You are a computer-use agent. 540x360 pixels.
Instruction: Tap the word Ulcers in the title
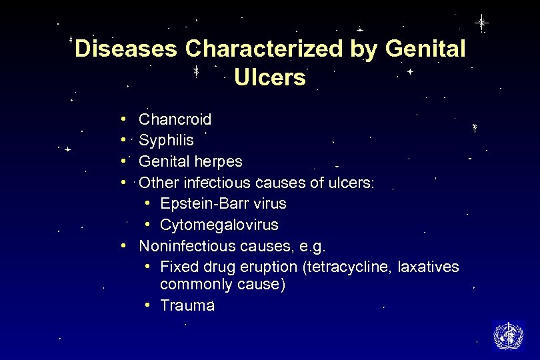click(270, 78)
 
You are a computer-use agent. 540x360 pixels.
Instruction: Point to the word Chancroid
click(175, 120)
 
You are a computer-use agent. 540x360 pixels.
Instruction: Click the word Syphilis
click(166, 141)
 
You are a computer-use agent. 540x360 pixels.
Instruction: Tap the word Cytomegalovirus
click(219, 225)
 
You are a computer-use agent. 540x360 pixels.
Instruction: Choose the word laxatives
click(428, 267)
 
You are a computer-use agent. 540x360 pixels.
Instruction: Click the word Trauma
click(187, 306)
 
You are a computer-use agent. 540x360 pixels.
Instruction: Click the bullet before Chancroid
click(125, 120)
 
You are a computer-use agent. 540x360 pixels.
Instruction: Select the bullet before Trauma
click(147, 305)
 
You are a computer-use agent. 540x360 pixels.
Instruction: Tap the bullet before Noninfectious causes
click(125, 245)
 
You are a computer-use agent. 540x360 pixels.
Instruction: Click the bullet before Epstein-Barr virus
click(147, 203)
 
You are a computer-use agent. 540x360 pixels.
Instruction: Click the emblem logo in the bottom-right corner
click(508, 335)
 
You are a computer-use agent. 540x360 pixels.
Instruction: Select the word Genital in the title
click(425, 49)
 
